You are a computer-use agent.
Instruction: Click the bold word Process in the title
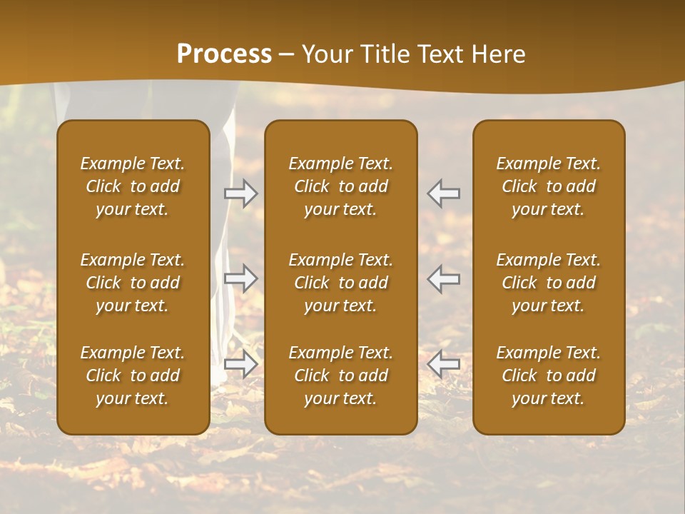224,54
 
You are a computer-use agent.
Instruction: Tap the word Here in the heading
499,54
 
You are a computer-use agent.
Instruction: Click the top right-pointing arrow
241,193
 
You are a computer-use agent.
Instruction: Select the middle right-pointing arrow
241,278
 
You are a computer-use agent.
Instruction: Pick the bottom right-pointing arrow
241,364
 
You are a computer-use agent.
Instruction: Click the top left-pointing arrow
444,193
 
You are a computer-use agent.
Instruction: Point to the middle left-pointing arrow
444,278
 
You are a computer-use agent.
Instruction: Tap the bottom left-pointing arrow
444,364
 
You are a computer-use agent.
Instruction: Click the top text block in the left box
133,186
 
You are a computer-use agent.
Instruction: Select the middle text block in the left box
133,283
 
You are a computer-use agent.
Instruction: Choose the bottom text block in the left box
133,376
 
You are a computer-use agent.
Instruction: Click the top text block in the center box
341,186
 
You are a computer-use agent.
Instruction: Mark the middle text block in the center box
341,283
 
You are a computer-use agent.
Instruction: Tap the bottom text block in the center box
341,376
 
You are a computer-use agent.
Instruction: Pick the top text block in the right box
549,186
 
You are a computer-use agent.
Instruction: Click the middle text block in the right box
549,283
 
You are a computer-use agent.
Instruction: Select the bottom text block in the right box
549,376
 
